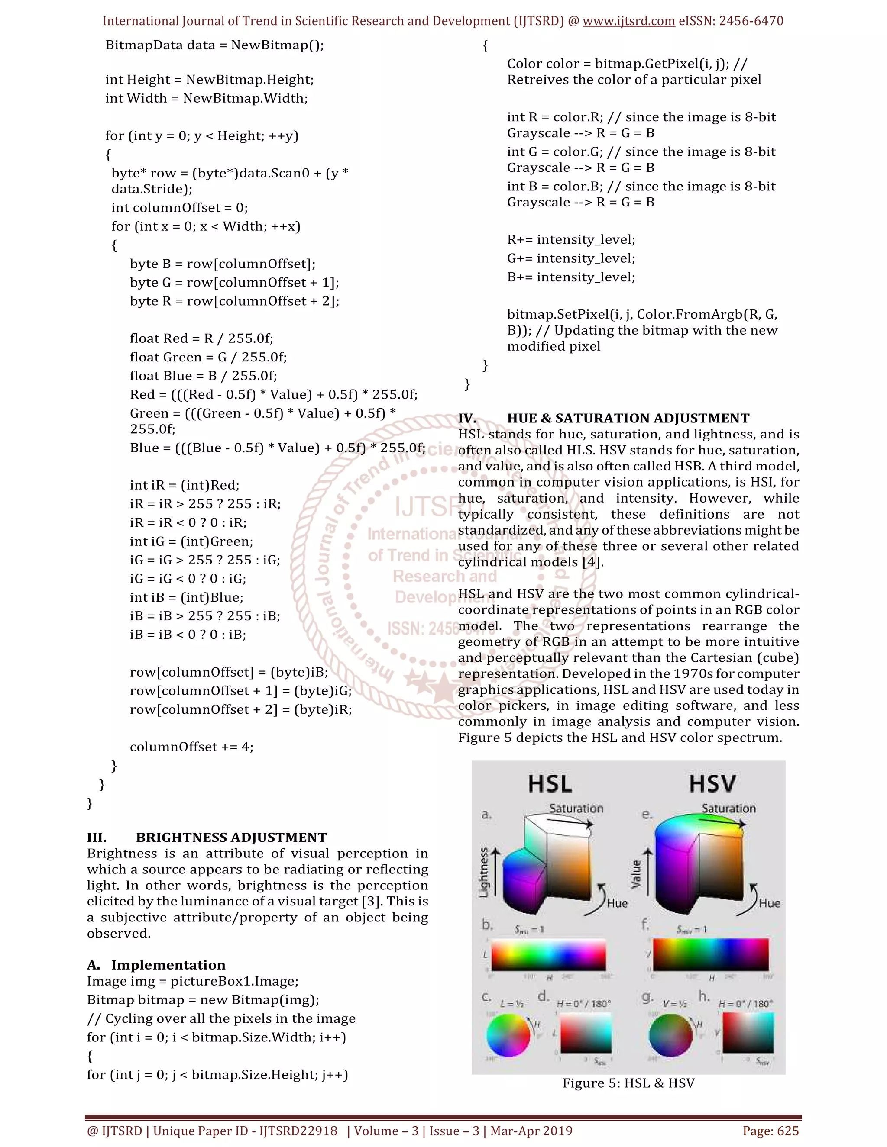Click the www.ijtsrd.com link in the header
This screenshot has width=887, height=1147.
[628, 21]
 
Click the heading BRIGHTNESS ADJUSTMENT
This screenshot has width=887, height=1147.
[231, 837]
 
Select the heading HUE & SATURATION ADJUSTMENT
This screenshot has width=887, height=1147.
[628, 418]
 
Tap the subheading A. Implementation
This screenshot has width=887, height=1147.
[157, 965]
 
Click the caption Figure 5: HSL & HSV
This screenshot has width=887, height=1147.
[628, 1083]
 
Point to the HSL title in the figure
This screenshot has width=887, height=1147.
[550, 784]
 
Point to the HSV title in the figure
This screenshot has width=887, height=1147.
[712, 784]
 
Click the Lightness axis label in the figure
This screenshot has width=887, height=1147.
[484, 872]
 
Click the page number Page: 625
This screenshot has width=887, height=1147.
[770, 1131]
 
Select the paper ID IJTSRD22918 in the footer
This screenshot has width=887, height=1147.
[298, 1131]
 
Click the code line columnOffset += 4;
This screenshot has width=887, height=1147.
[192, 747]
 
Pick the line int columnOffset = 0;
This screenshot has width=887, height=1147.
[179, 207]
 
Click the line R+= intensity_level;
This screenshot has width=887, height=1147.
[571, 239]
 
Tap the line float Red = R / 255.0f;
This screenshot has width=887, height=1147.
[201, 338]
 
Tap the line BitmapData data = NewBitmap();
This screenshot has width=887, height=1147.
[214, 45]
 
